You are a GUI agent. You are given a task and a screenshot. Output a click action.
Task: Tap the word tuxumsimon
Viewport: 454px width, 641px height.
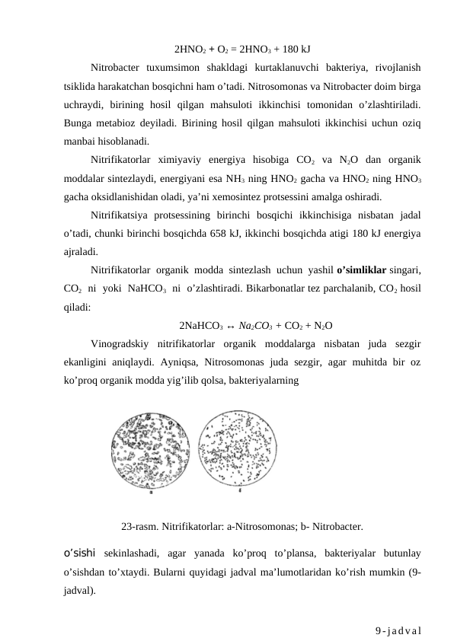point(168,69)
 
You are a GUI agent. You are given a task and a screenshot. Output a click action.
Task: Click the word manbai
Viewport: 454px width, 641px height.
point(82,141)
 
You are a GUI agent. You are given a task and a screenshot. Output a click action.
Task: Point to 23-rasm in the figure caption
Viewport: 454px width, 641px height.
point(139,526)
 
